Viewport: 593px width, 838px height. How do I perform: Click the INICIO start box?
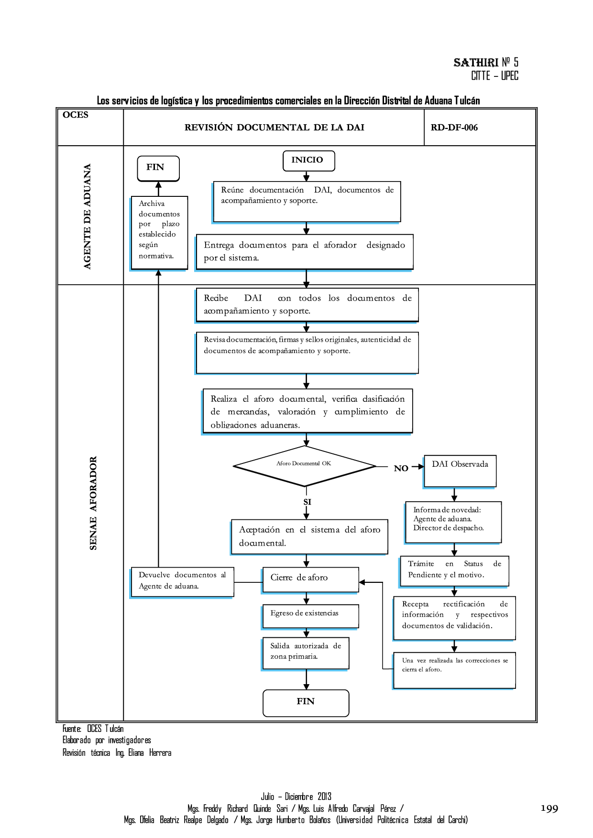coord(308,161)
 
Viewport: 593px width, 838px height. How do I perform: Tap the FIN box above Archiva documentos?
coord(158,168)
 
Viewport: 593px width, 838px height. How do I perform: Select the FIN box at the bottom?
coord(306,702)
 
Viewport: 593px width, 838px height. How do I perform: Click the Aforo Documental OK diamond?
coord(305,466)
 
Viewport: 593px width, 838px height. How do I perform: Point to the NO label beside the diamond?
coord(401,469)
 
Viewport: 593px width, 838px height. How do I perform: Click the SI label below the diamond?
coord(307,502)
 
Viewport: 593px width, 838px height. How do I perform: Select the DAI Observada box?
coord(460,471)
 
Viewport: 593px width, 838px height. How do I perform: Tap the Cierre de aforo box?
coord(310,580)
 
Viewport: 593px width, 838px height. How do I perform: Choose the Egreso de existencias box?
coord(310,616)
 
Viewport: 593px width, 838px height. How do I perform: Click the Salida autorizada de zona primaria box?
coord(306,653)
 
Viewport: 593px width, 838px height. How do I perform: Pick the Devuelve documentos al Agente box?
coord(182,582)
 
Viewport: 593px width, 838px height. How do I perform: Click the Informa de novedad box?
coord(453,522)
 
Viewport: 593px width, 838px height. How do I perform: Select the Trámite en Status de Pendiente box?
coord(454,571)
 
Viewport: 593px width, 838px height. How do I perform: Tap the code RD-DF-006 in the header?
coord(454,128)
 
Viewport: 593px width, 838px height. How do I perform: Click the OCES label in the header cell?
coord(76,115)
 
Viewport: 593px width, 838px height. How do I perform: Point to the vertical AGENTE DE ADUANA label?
coord(87,216)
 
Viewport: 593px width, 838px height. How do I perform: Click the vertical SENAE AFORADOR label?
coord(93,503)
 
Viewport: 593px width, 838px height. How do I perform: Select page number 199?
coord(549,808)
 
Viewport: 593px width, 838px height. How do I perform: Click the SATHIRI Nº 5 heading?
coord(485,63)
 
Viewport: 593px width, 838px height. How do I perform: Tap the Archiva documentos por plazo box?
coord(159,233)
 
